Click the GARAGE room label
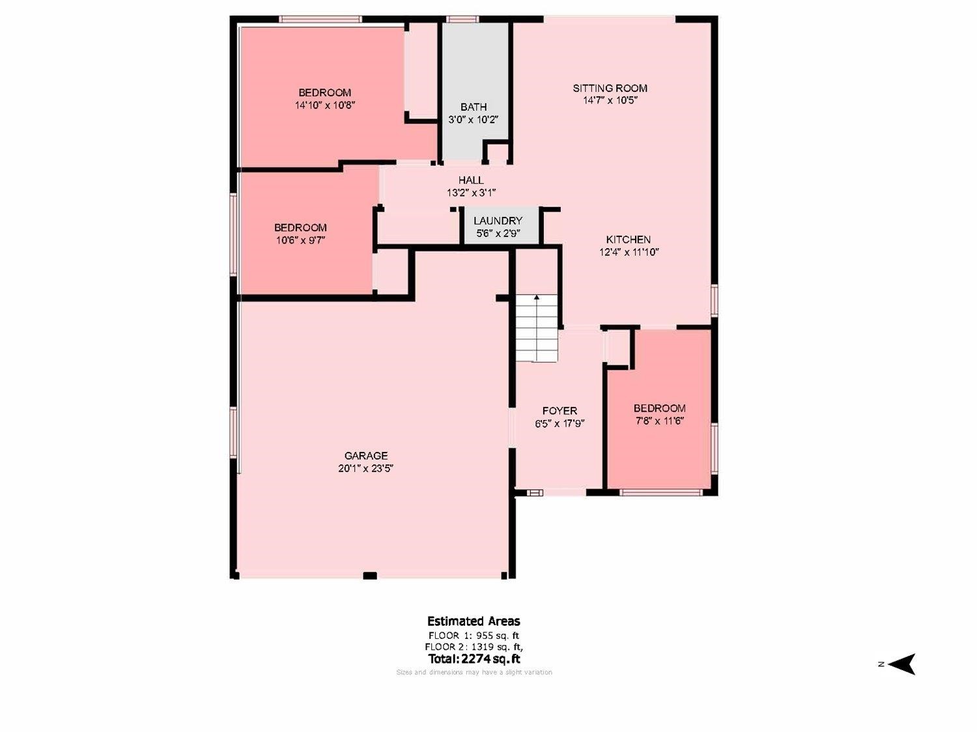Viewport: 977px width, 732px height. click(x=366, y=456)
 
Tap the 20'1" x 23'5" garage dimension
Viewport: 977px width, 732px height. click(x=366, y=468)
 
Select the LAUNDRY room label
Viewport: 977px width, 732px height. click(x=498, y=221)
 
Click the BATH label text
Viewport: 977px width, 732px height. click(x=474, y=107)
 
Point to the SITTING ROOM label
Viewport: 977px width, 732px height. click(x=610, y=88)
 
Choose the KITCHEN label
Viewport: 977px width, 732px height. click(x=629, y=240)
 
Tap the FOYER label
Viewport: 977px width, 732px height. click(x=559, y=411)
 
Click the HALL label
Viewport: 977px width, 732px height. click(x=471, y=180)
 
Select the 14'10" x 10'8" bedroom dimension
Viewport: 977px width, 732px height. click(x=324, y=105)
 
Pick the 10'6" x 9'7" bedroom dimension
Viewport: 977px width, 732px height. click(x=300, y=240)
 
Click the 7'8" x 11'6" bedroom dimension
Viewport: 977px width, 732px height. click(x=659, y=421)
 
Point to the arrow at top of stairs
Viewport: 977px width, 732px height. click(x=537, y=298)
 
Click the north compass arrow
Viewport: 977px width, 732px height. click(x=903, y=664)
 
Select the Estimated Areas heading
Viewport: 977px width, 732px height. click(x=474, y=621)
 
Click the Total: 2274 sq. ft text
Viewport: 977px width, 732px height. click(x=474, y=659)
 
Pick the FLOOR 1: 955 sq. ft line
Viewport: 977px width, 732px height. click(x=474, y=636)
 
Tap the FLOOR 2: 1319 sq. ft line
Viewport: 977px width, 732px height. click(x=474, y=647)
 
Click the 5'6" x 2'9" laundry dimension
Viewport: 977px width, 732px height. click(x=498, y=233)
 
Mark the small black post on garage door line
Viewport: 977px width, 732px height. click(x=369, y=576)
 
